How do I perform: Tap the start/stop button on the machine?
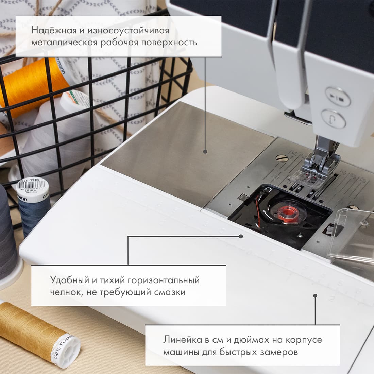click(338, 97)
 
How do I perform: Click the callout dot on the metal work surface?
click(205, 152)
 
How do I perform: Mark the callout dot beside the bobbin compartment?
click(241, 236)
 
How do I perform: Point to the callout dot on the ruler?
click(315, 296)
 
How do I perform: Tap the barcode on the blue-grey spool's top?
click(32, 187)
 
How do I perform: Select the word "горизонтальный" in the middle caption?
click(163, 280)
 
